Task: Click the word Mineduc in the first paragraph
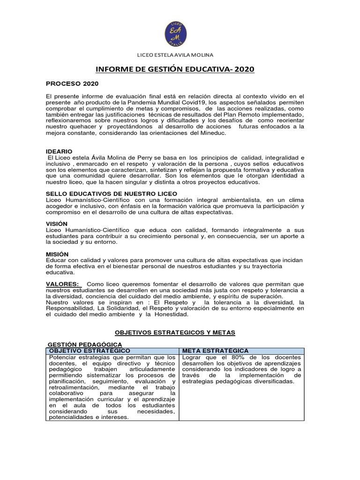(214, 133)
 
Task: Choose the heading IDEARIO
(59, 152)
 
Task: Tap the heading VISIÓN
(57, 224)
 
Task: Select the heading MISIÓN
(57, 254)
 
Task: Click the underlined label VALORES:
(63, 284)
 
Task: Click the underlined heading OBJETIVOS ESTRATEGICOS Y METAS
(175, 332)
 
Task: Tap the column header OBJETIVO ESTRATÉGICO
(90, 351)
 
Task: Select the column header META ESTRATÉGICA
(216, 351)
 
